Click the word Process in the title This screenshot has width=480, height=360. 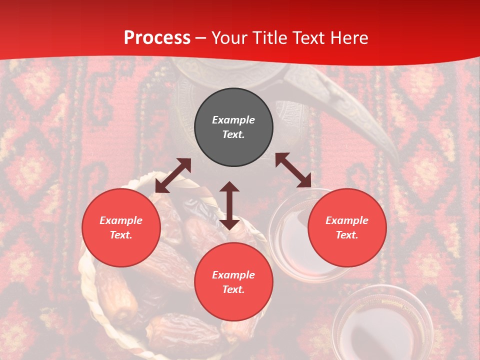[x=157, y=38]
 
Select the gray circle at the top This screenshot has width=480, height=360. [x=233, y=127]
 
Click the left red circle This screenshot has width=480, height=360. [x=121, y=227]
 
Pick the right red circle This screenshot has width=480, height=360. [x=347, y=227]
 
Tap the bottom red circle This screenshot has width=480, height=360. [x=233, y=282]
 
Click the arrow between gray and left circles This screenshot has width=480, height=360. [x=173, y=175]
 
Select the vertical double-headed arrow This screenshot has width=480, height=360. [x=229, y=205]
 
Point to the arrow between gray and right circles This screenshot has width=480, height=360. [x=293, y=170]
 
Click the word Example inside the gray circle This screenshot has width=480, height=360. [x=233, y=120]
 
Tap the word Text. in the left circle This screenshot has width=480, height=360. [x=121, y=235]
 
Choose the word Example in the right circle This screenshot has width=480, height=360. [x=347, y=220]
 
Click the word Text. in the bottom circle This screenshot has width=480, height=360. [x=233, y=289]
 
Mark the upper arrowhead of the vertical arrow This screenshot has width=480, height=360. [x=229, y=187]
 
